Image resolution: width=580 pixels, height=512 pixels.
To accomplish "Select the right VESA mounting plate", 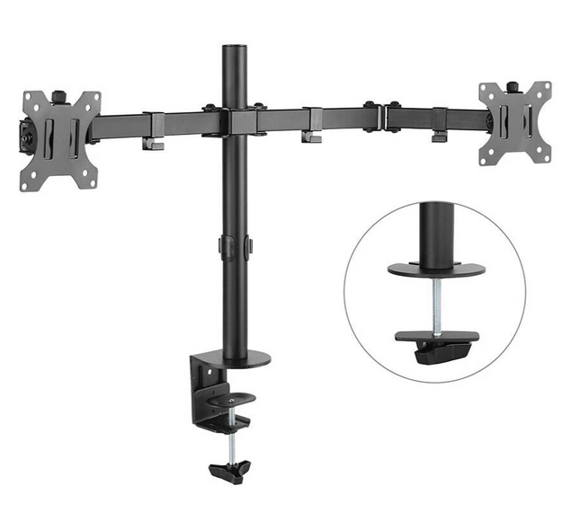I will pyautogui.click(x=514, y=123).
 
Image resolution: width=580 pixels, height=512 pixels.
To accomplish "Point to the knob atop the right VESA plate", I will pyautogui.click(x=513, y=86).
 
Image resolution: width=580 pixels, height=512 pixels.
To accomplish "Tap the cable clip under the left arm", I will pyautogui.click(x=152, y=142).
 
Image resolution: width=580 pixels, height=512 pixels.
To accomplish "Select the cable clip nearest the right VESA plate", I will pyautogui.click(x=439, y=135).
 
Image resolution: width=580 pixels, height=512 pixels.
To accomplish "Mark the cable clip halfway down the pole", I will pyautogui.click(x=236, y=246).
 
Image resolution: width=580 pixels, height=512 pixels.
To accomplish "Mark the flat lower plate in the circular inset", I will pyautogui.click(x=437, y=338).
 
